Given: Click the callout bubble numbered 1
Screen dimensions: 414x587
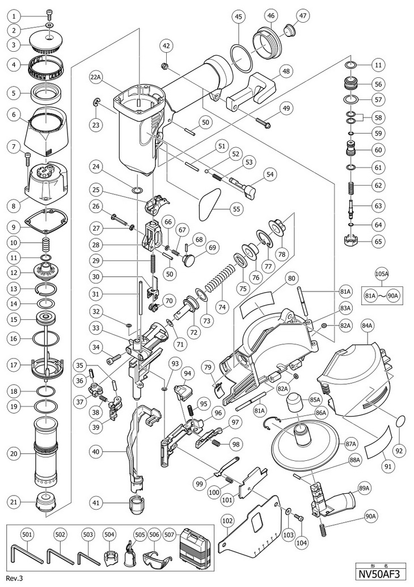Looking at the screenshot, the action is [x=14, y=16].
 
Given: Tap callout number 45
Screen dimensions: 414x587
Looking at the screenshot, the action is [x=238, y=16].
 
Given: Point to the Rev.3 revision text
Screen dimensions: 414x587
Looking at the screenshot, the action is [x=14, y=578].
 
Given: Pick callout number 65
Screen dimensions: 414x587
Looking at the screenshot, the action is [x=378, y=242].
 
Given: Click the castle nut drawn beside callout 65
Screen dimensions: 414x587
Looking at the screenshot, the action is [x=352, y=240].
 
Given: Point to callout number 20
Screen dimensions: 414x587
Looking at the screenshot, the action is [x=14, y=453].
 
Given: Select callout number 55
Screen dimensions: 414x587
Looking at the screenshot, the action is [x=237, y=209].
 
